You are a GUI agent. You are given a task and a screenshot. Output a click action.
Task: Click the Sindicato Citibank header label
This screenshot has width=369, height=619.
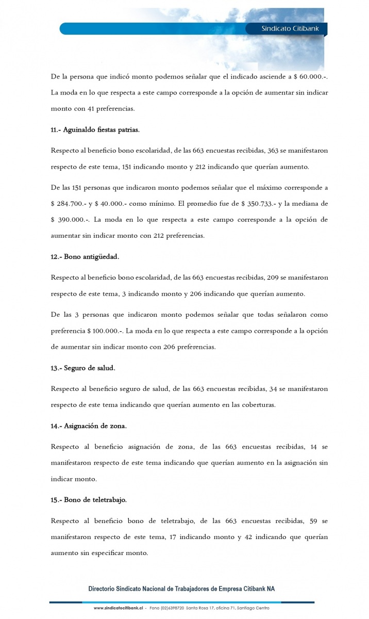tap(287, 29)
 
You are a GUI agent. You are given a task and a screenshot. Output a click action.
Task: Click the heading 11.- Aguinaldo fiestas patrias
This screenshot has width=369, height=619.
tap(95, 129)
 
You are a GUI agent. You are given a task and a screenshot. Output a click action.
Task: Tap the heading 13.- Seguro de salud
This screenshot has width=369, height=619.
tap(83, 368)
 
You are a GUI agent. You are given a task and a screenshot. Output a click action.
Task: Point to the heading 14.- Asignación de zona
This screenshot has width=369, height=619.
tap(89, 426)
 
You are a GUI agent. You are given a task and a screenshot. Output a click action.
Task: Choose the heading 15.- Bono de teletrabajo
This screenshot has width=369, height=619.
tap(89, 500)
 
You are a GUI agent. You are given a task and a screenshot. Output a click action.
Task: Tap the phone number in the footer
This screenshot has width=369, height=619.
tap(167, 608)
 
